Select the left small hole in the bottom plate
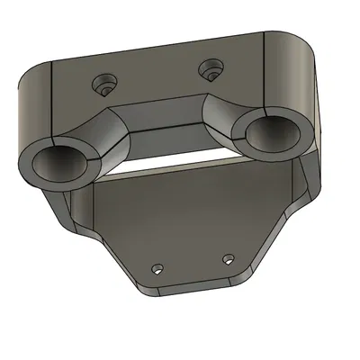point(157,268)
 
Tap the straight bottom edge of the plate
point(193,291)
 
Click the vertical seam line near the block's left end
point(52,99)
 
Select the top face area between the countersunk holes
point(157,79)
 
